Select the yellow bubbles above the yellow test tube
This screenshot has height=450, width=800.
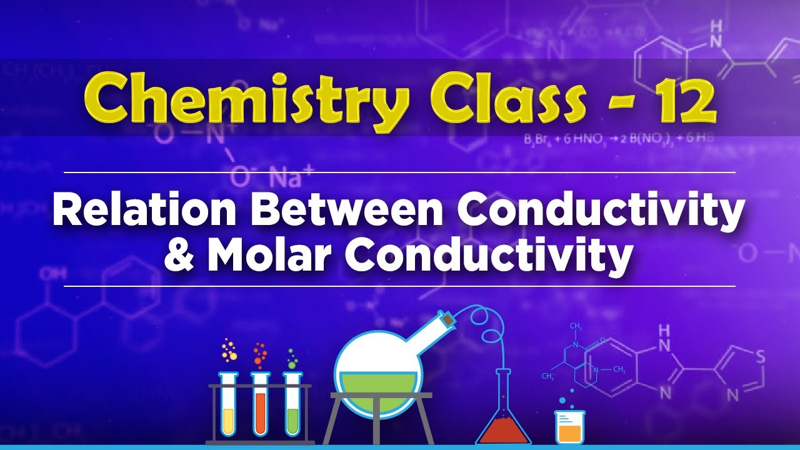pyautogui.click(x=229, y=350)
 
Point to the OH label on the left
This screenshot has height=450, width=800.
pyautogui.click(x=51, y=274)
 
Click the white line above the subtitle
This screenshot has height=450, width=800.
pyautogui.click(x=400, y=172)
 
